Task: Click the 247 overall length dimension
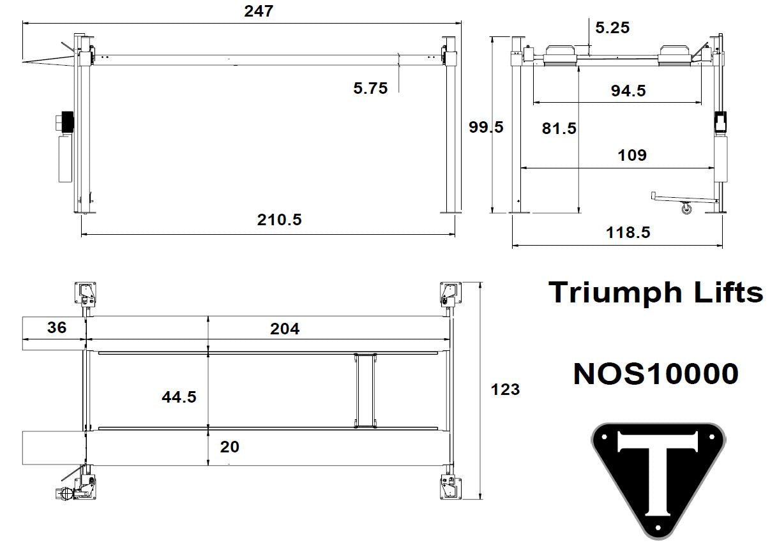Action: click(x=259, y=11)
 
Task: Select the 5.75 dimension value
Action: click(x=370, y=88)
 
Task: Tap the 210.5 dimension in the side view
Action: click(x=280, y=220)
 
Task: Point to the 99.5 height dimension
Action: click(x=486, y=127)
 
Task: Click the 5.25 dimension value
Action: click(x=612, y=27)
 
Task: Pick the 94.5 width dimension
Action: click(x=628, y=91)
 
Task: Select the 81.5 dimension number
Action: click(x=559, y=128)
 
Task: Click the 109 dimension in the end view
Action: click(x=631, y=155)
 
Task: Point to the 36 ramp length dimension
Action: click(x=57, y=328)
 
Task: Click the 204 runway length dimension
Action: click(x=284, y=329)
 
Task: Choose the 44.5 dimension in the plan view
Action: click(x=179, y=397)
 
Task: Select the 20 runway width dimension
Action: click(x=229, y=447)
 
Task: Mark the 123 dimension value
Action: click(x=506, y=389)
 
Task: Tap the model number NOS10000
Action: click(x=656, y=374)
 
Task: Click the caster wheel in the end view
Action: click(x=686, y=208)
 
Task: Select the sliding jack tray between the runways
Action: click(x=365, y=389)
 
